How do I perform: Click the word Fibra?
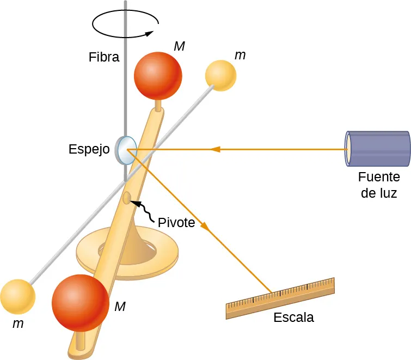pyautogui.click(x=104, y=57)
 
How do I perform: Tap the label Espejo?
pyautogui.click(x=90, y=149)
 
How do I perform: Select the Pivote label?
pyautogui.click(x=176, y=222)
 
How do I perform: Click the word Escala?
pyautogui.click(x=294, y=317)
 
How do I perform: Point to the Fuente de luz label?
pyautogui.click(x=379, y=185)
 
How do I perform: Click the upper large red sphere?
pyautogui.click(x=158, y=76)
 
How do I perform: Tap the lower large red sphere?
pyautogui.click(x=80, y=302)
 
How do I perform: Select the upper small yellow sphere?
pyautogui.click(x=221, y=75)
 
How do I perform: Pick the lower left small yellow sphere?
pyautogui.click(x=17, y=297)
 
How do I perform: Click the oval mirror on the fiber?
pyautogui.click(x=126, y=150)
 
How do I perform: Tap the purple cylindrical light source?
pyautogui.click(x=378, y=148)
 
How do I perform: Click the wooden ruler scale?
pyautogui.click(x=280, y=298)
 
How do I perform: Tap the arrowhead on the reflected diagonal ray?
pyautogui.click(x=205, y=225)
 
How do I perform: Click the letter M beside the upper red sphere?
pyautogui.click(x=180, y=46)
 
